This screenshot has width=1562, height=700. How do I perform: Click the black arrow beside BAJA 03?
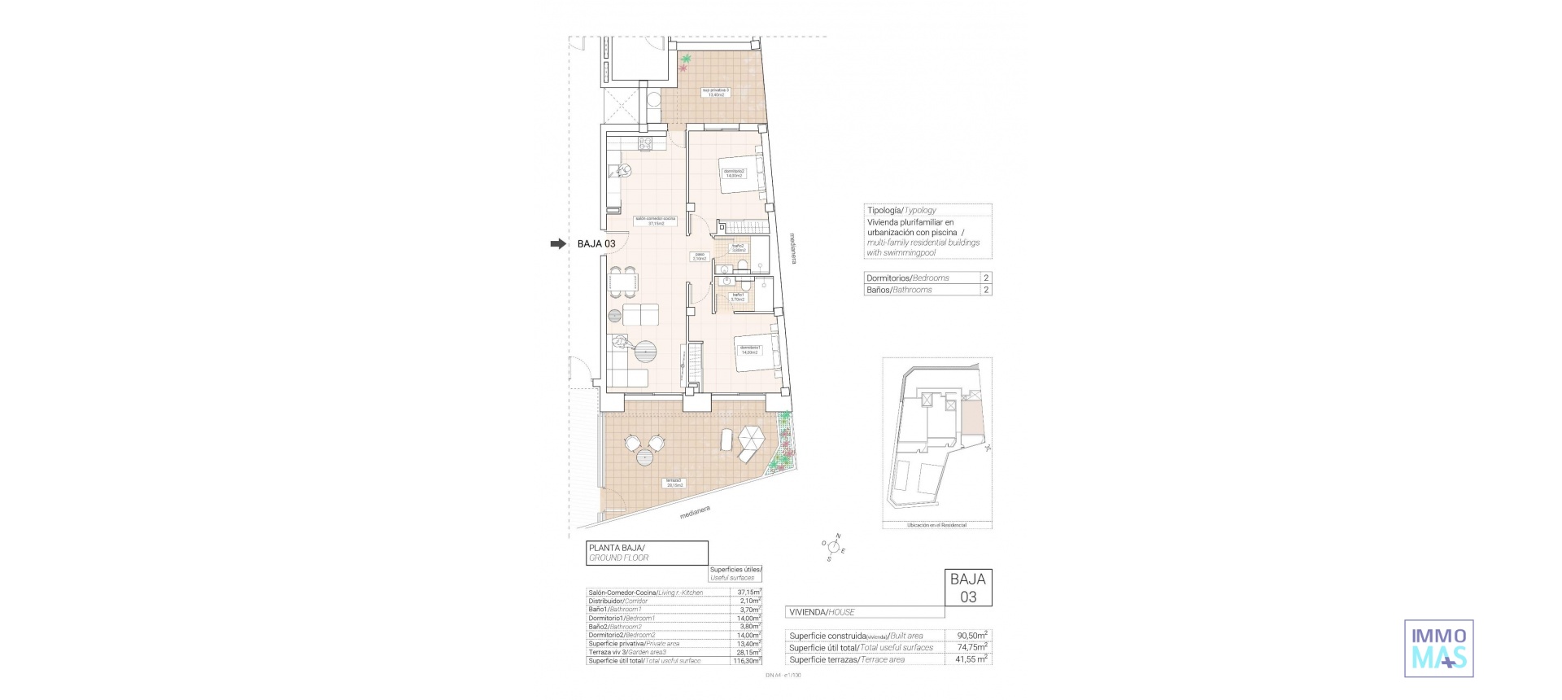557,243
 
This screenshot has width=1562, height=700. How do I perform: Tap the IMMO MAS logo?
1438,648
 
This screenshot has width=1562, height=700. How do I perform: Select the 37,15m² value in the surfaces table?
748,593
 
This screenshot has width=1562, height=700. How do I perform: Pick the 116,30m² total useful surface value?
747,661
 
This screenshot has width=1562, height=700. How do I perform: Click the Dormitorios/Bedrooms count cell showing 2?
986,278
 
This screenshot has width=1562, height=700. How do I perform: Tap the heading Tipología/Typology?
901,210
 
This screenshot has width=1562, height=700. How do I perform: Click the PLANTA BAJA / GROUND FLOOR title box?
646,553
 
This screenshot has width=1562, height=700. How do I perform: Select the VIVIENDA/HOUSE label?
822,612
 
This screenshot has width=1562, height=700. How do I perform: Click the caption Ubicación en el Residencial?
936,526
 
